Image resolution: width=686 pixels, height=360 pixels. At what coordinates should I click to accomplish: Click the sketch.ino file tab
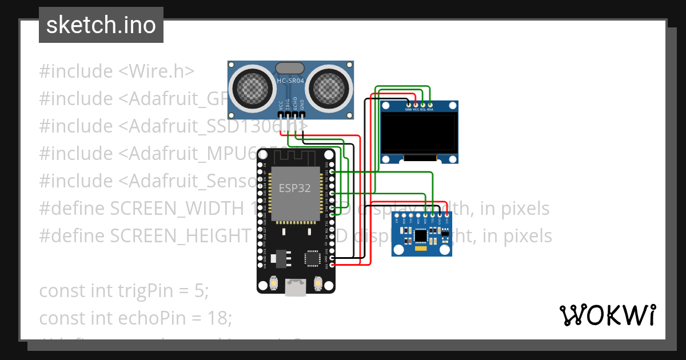point(101,25)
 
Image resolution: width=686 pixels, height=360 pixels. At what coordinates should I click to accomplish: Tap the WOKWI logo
point(607,315)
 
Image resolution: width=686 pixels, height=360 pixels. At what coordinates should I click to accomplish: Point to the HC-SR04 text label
point(290,81)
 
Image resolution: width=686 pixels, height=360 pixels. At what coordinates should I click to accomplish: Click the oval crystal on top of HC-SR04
point(290,69)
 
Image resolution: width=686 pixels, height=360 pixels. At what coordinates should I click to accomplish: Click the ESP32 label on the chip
point(294,188)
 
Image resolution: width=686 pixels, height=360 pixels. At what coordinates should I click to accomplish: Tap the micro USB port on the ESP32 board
point(296,288)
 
